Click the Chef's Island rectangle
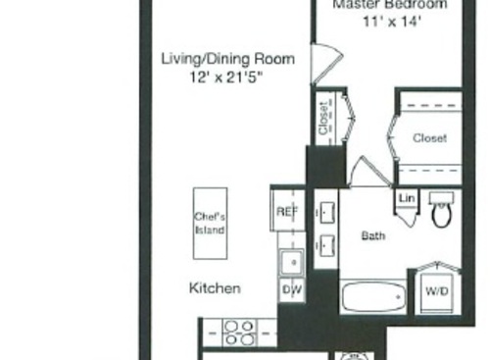tap(209, 223)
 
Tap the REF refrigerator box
tap(286, 210)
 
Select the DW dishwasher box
tap(290, 289)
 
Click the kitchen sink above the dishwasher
tap(290, 262)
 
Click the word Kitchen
tap(215, 288)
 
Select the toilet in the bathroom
tap(440, 211)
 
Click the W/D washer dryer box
tap(435, 291)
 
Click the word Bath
tap(373, 235)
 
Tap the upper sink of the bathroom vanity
tap(323, 211)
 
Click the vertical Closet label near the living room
tap(322, 119)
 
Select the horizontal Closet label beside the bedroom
tap(429, 138)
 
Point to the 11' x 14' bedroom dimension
tap(382, 20)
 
